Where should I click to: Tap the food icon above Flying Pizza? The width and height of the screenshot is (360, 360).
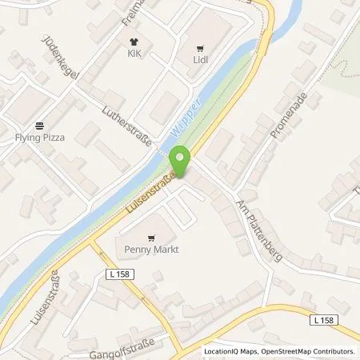(40, 124)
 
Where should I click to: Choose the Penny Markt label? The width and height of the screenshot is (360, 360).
(150, 250)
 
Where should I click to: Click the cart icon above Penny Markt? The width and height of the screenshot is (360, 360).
(150, 236)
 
